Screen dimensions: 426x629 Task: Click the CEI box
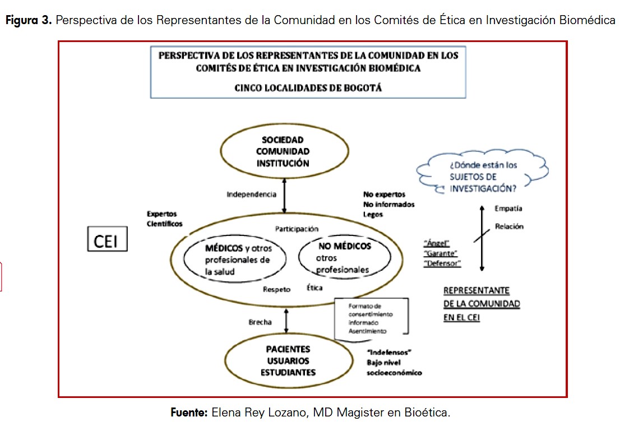(x=107, y=240)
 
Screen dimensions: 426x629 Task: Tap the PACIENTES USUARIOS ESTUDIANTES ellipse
(x=288, y=361)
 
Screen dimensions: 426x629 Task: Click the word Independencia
(x=251, y=195)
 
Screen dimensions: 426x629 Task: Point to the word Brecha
(x=260, y=322)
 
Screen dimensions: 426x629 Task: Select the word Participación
(x=297, y=229)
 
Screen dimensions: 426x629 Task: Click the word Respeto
(x=277, y=289)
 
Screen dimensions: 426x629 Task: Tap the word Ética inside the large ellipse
(x=314, y=288)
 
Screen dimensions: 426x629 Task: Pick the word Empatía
(x=508, y=209)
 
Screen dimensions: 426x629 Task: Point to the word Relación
(x=509, y=226)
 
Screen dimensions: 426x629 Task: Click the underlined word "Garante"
(x=441, y=253)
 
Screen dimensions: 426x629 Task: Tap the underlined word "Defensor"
(x=442, y=263)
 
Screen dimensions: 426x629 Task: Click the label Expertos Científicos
(x=165, y=219)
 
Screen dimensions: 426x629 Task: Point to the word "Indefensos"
(x=389, y=352)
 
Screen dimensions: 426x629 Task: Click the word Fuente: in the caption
(x=189, y=413)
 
